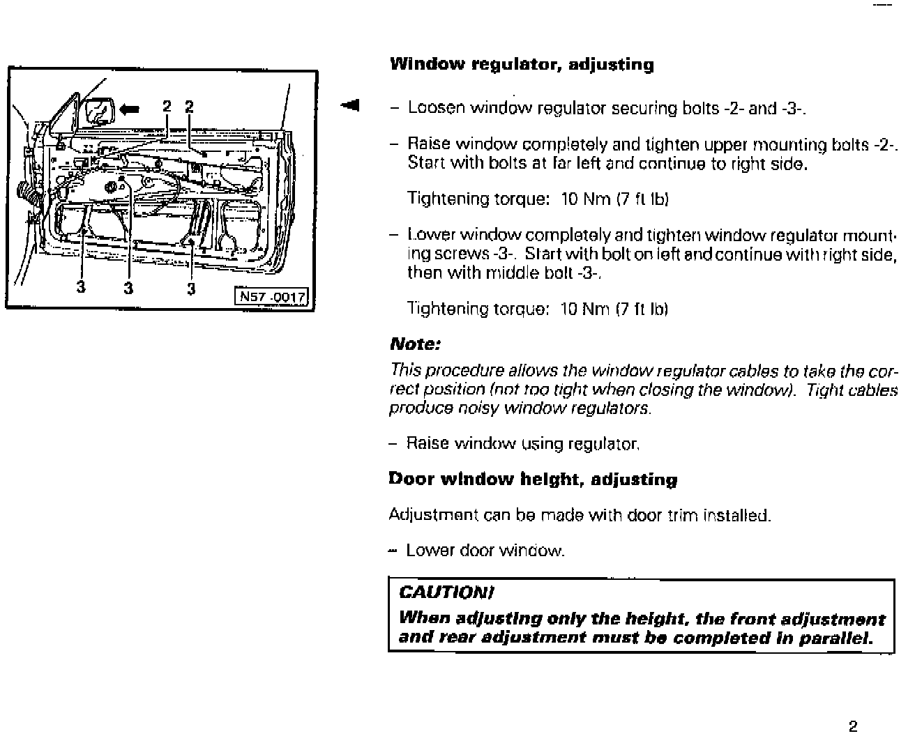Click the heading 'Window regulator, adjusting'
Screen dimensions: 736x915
pyautogui.click(x=522, y=65)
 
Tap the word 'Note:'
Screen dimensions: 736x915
pyautogui.click(x=415, y=344)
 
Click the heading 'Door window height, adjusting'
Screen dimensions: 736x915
pyautogui.click(x=533, y=480)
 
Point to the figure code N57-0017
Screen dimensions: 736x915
pyautogui.click(x=272, y=298)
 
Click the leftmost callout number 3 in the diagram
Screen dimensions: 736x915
pyautogui.click(x=81, y=286)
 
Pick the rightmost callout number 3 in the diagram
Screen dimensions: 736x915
pyautogui.click(x=191, y=288)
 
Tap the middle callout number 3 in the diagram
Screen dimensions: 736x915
pyautogui.click(x=128, y=287)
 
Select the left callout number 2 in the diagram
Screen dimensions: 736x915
pyautogui.click(x=167, y=107)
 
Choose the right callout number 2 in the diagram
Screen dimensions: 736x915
pyautogui.click(x=189, y=107)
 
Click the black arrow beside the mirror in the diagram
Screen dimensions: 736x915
pyautogui.click(x=130, y=108)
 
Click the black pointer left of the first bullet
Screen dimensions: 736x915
pyautogui.click(x=349, y=105)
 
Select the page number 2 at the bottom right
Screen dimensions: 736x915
pyautogui.click(x=852, y=726)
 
